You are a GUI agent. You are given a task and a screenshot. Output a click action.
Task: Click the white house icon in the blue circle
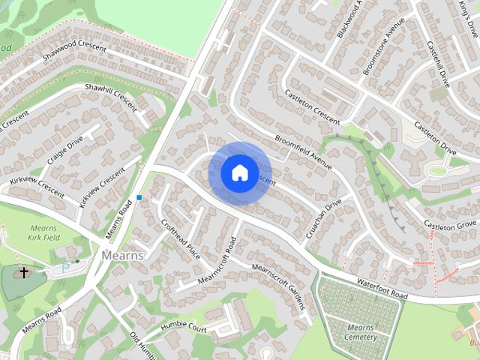[x=239, y=172]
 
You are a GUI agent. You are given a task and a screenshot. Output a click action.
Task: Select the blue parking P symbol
[x=65, y=266]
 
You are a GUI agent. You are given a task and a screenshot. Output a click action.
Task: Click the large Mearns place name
[x=117, y=255]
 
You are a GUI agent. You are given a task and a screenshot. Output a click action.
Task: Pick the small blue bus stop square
[x=139, y=197]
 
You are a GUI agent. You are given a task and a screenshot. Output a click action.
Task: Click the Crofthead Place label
[x=181, y=237]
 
